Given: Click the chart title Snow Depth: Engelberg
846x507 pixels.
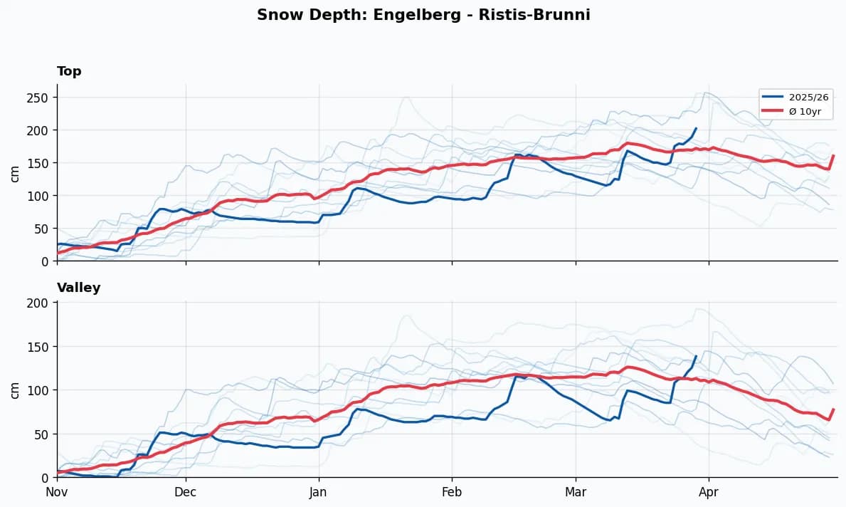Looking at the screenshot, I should pyautogui.click(x=423, y=15).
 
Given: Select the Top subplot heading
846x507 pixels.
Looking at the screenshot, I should pyautogui.click(x=69, y=71).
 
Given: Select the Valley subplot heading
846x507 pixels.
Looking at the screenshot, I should pyautogui.click(x=78, y=288).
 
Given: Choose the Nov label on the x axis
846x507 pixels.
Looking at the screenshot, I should pyautogui.click(x=57, y=491).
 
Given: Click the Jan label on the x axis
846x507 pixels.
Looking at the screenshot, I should pyautogui.click(x=319, y=491).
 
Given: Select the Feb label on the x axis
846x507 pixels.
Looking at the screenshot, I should pyautogui.click(x=452, y=491).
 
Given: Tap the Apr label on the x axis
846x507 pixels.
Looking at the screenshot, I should pyautogui.click(x=709, y=491).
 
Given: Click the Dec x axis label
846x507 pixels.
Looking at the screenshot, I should pyautogui.click(x=186, y=491).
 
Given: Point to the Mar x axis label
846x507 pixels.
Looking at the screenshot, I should pyautogui.click(x=576, y=491).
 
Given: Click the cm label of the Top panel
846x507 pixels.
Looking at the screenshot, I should pyautogui.click(x=15, y=173).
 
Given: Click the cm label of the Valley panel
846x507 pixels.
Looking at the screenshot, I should pyautogui.click(x=15, y=390).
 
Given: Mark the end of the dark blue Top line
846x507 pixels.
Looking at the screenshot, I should pyautogui.click(x=696, y=129).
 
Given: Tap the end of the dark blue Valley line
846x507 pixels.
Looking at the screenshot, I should pyautogui.click(x=695, y=356).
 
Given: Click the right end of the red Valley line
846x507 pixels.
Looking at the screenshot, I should pyautogui.click(x=833, y=409).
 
